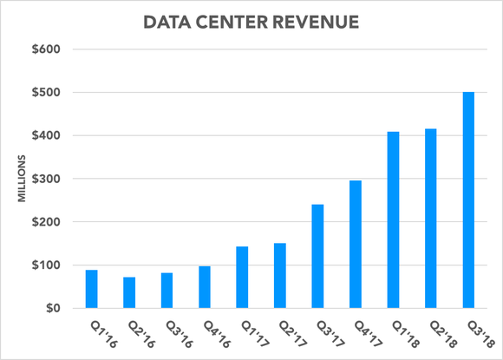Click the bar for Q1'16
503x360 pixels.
coord(91,289)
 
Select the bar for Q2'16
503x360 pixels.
coord(129,292)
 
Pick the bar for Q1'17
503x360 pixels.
coord(242,278)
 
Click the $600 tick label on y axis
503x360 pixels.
coord(44,49)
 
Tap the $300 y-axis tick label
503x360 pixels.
coord(44,179)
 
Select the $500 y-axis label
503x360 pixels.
coord(44,93)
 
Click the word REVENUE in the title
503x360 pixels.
coord(318,18)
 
